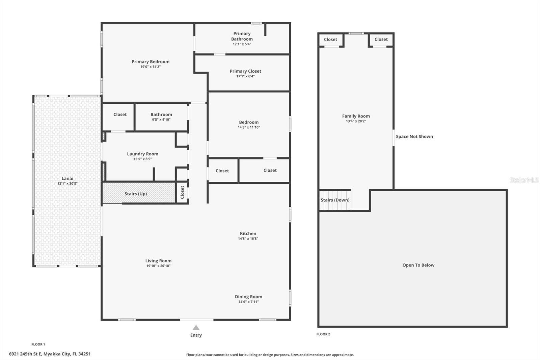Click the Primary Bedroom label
151,62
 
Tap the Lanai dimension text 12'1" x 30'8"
67,184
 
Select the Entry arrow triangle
196,328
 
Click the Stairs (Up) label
136,194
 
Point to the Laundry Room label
142,154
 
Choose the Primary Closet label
245,71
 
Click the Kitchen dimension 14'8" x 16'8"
248,239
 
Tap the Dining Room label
248,297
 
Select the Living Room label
158,261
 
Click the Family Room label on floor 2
356,116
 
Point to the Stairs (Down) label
335,200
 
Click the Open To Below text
418,265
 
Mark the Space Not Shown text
414,136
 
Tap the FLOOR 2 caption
323,334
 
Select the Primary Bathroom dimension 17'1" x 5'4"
242,44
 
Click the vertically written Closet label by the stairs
182,192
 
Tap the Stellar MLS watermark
524,180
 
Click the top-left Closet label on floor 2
330,40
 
